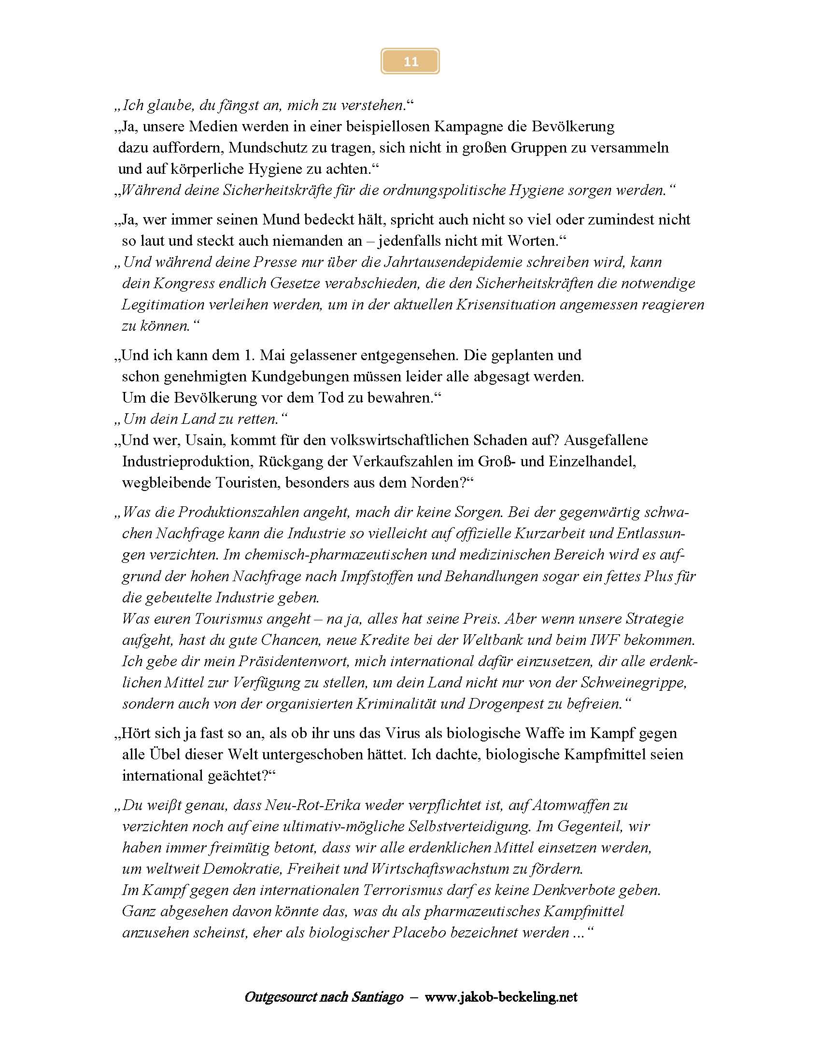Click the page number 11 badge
[410, 61]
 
